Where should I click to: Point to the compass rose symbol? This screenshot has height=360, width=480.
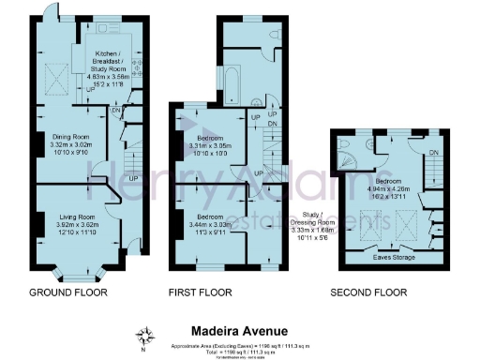pyautogui.click(x=145, y=336)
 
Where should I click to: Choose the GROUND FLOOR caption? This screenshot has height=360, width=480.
pyautogui.click(x=69, y=292)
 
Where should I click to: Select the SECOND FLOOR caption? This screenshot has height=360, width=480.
pyautogui.click(x=368, y=292)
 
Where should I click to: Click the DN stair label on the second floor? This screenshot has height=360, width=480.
pyautogui.click(x=433, y=154)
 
